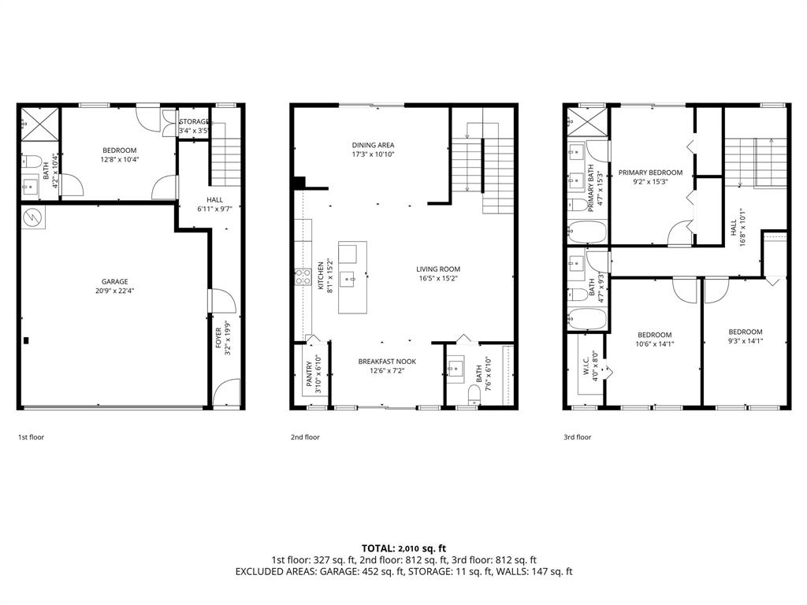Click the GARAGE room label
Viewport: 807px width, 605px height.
pyautogui.click(x=114, y=281)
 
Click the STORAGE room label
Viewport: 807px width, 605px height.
pyautogui.click(x=194, y=121)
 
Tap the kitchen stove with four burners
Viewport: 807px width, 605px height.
pyautogui.click(x=303, y=277)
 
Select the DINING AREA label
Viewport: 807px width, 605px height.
pyautogui.click(x=373, y=145)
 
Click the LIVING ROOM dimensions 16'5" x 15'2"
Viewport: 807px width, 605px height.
pyautogui.click(x=438, y=278)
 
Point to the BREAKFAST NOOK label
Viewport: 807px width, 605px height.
pyautogui.click(x=387, y=362)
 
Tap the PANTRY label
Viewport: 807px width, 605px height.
pyautogui.click(x=308, y=373)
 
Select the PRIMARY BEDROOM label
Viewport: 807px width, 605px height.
pyautogui.click(x=650, y=173)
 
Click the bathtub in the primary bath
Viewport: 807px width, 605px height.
pyautogui.click(x=587, y=232)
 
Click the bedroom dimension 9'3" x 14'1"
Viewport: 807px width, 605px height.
pyautogui.click(x=745, y=341)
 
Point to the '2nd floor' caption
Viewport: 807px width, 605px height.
pyautogui.click(x=305, y=436)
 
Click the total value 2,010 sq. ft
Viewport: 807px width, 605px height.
pyautogui.click(x=424, y=547)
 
